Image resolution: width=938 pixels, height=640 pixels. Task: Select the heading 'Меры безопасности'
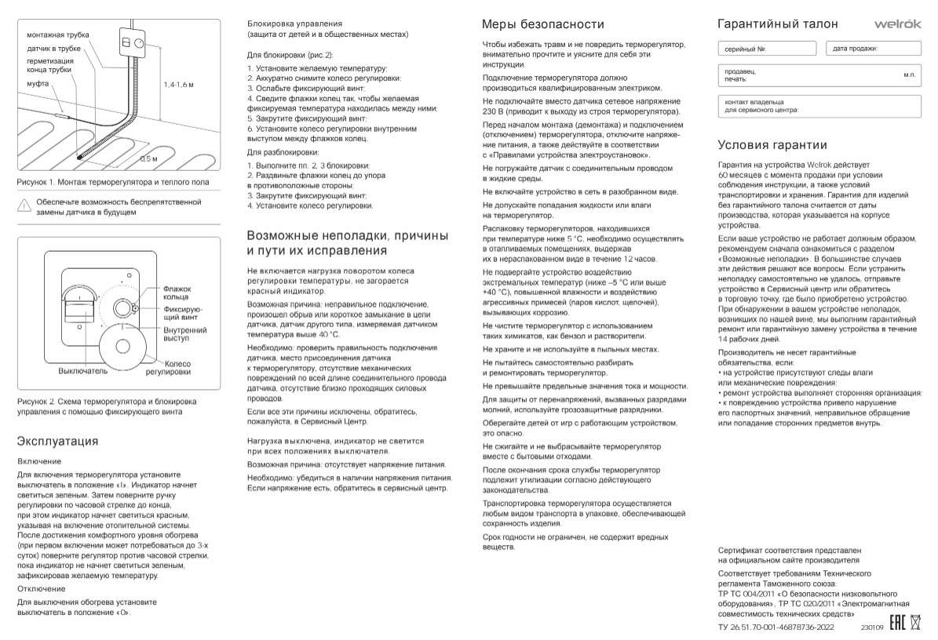point(542,24)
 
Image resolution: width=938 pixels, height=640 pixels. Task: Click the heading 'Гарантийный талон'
point(777,24)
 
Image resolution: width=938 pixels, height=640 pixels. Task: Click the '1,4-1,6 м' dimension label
point(179,84)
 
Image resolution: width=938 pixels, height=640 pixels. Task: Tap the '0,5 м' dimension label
point(148,159)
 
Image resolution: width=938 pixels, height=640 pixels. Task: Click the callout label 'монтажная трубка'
point(57,35)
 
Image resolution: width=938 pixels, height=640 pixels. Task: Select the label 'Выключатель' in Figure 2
point(82,369)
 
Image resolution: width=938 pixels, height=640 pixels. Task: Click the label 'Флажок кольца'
point(177,293)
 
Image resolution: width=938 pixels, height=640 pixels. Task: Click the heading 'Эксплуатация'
point(57,441)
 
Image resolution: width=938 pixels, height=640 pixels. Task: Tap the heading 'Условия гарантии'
point(772,145)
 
